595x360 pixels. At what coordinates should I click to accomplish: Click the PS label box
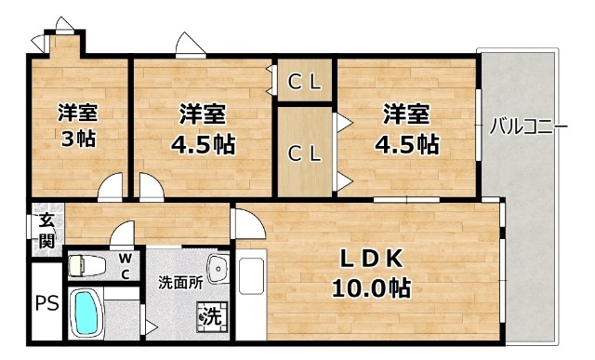45,304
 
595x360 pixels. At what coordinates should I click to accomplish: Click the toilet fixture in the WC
85,265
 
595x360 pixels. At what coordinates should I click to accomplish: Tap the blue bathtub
86,313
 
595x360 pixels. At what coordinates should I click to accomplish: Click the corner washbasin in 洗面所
218,268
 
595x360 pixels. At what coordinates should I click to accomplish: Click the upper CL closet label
303,82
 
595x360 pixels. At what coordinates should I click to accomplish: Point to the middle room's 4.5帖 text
202,145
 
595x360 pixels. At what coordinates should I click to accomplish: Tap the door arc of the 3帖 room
111,187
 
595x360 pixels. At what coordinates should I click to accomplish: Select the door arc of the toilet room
121,236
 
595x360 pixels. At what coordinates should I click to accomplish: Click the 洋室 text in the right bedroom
407,114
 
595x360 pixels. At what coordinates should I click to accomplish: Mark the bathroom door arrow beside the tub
150,325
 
